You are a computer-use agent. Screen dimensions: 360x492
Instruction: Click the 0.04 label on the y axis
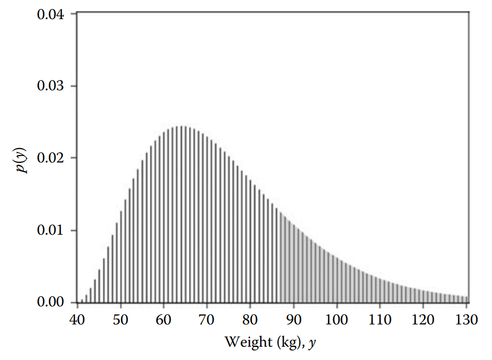(x=50, y=14)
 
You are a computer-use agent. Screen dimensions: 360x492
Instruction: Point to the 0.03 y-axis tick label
(x=50, y=86)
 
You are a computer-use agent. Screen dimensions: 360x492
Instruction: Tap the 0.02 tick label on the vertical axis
(x=50, y=158)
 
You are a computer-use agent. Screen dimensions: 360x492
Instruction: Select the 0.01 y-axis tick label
(x=50, y=230)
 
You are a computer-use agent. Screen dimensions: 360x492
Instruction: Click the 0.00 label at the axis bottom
(x=50, y=302)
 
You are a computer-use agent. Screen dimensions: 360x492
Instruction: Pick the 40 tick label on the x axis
(x=78, y=320)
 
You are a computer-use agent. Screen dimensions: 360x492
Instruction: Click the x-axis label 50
(x=121, y=320)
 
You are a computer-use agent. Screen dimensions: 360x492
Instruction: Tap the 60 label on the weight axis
(x=164, y=320)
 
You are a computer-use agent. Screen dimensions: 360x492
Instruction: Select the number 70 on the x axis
(x=207, y=320)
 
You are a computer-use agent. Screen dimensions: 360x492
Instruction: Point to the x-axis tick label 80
(x=250, y=320)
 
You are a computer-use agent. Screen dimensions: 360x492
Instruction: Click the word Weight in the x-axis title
(x=248, y=342)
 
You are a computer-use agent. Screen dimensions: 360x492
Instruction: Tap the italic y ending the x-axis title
(x=312, y=343)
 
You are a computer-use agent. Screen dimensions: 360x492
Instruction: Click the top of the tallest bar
(x=181, y=127)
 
